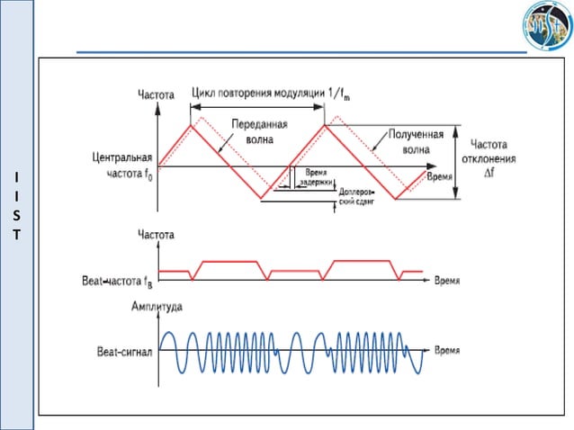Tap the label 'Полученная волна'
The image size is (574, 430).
[415, 141]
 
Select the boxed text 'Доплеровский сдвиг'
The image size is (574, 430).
[355, 197]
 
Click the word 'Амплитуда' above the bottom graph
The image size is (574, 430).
[157, 307]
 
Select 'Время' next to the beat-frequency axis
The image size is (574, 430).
[447, 281]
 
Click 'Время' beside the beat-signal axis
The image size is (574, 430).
[447, 349]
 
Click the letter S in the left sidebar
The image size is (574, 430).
[16, 216]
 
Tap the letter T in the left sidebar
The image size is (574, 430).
[16, 236]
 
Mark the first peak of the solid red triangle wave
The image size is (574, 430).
[190, 124]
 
